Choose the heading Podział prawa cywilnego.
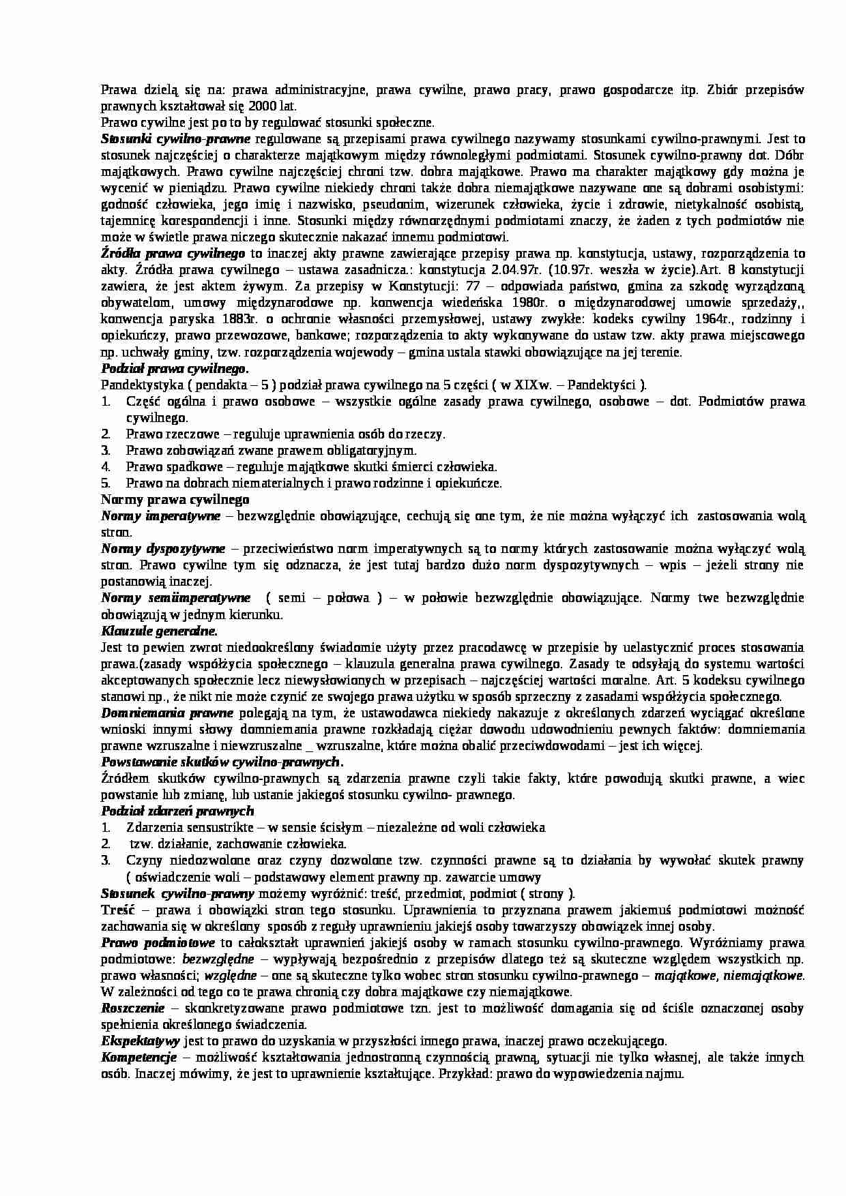click(174, 369)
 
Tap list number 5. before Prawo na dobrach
click(106, 483)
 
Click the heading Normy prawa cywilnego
click(175, 500)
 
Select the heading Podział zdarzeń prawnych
click(177, 811)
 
